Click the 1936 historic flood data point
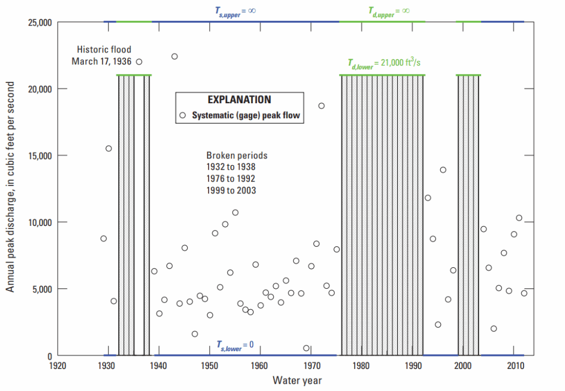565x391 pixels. click(139, 62)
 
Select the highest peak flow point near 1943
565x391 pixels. click(174, 56)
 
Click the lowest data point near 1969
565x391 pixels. click(306, 348)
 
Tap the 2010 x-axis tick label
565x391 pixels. click(514, 366)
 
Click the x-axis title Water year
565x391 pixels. click(297, 381)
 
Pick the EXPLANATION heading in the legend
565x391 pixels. click(239, 100)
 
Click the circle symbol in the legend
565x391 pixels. click(183, 115)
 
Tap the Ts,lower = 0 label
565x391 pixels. click(235, 345)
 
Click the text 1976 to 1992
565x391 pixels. click(231, 178)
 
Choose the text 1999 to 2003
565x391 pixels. click(231, 190)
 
